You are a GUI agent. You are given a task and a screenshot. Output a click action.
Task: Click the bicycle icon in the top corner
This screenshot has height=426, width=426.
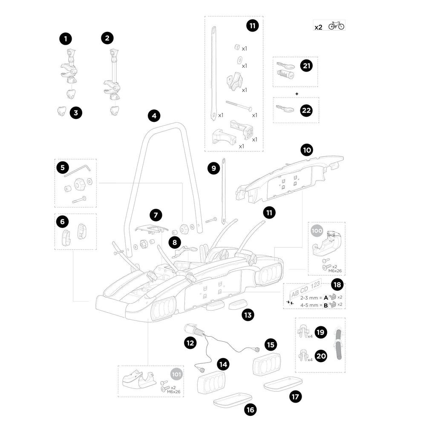[x=336, y=26]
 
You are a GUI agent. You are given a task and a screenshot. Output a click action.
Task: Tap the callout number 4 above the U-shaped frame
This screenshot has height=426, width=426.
[x=154, y=115]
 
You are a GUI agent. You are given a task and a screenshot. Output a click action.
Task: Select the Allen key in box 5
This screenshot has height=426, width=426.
[x=78, y=170]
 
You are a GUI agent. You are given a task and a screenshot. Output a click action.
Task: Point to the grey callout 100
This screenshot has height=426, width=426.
[x=317, y=231]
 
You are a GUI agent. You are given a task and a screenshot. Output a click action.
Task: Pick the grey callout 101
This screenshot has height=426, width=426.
[x=176, y=374]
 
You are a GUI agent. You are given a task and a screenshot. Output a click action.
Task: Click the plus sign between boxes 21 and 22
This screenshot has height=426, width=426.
[x=295, y=93]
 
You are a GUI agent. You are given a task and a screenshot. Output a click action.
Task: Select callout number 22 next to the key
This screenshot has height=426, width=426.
[x=306, y=110]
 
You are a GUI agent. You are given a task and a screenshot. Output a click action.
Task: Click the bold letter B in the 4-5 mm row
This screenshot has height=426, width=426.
[x=326, y=305]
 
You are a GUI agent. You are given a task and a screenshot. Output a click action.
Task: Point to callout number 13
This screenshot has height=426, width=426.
[x=248, y=315]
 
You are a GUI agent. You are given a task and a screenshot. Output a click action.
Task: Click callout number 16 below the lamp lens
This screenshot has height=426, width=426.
[x=250, y=410]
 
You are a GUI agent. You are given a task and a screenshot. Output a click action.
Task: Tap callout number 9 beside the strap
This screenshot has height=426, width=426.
[x=213, y=168]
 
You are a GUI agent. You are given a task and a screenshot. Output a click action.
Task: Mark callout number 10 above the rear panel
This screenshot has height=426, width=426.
[x=306, y=150]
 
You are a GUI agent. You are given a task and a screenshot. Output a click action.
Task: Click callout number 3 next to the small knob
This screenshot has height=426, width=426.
[x=76, y=113]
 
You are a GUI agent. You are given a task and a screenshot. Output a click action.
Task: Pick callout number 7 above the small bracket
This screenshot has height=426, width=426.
[x=156, y=215]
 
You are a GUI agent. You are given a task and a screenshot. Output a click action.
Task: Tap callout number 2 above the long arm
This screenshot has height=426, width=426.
[x=107, y=38]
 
